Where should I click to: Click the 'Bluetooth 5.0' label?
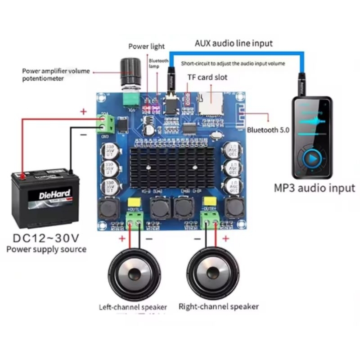pyautogui.click(x=268, y=130)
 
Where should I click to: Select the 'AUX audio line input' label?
pyautogui.click(x=234, y=43)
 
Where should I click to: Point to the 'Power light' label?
pyautogui.click(x=146, y=46)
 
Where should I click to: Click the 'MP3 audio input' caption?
pyautogui.click(x=315, y=188)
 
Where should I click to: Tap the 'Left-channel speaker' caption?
pyautogui.click(x=133, y=307)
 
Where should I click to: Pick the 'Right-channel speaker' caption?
pyautogui.click(x=219, y=306)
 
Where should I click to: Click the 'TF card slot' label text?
pyautogui.click(x=207, y=77)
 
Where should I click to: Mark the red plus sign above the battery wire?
pyautogui.click(x=83, y=112)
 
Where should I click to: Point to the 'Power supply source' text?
pyautogui.click(x=46, y=249)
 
